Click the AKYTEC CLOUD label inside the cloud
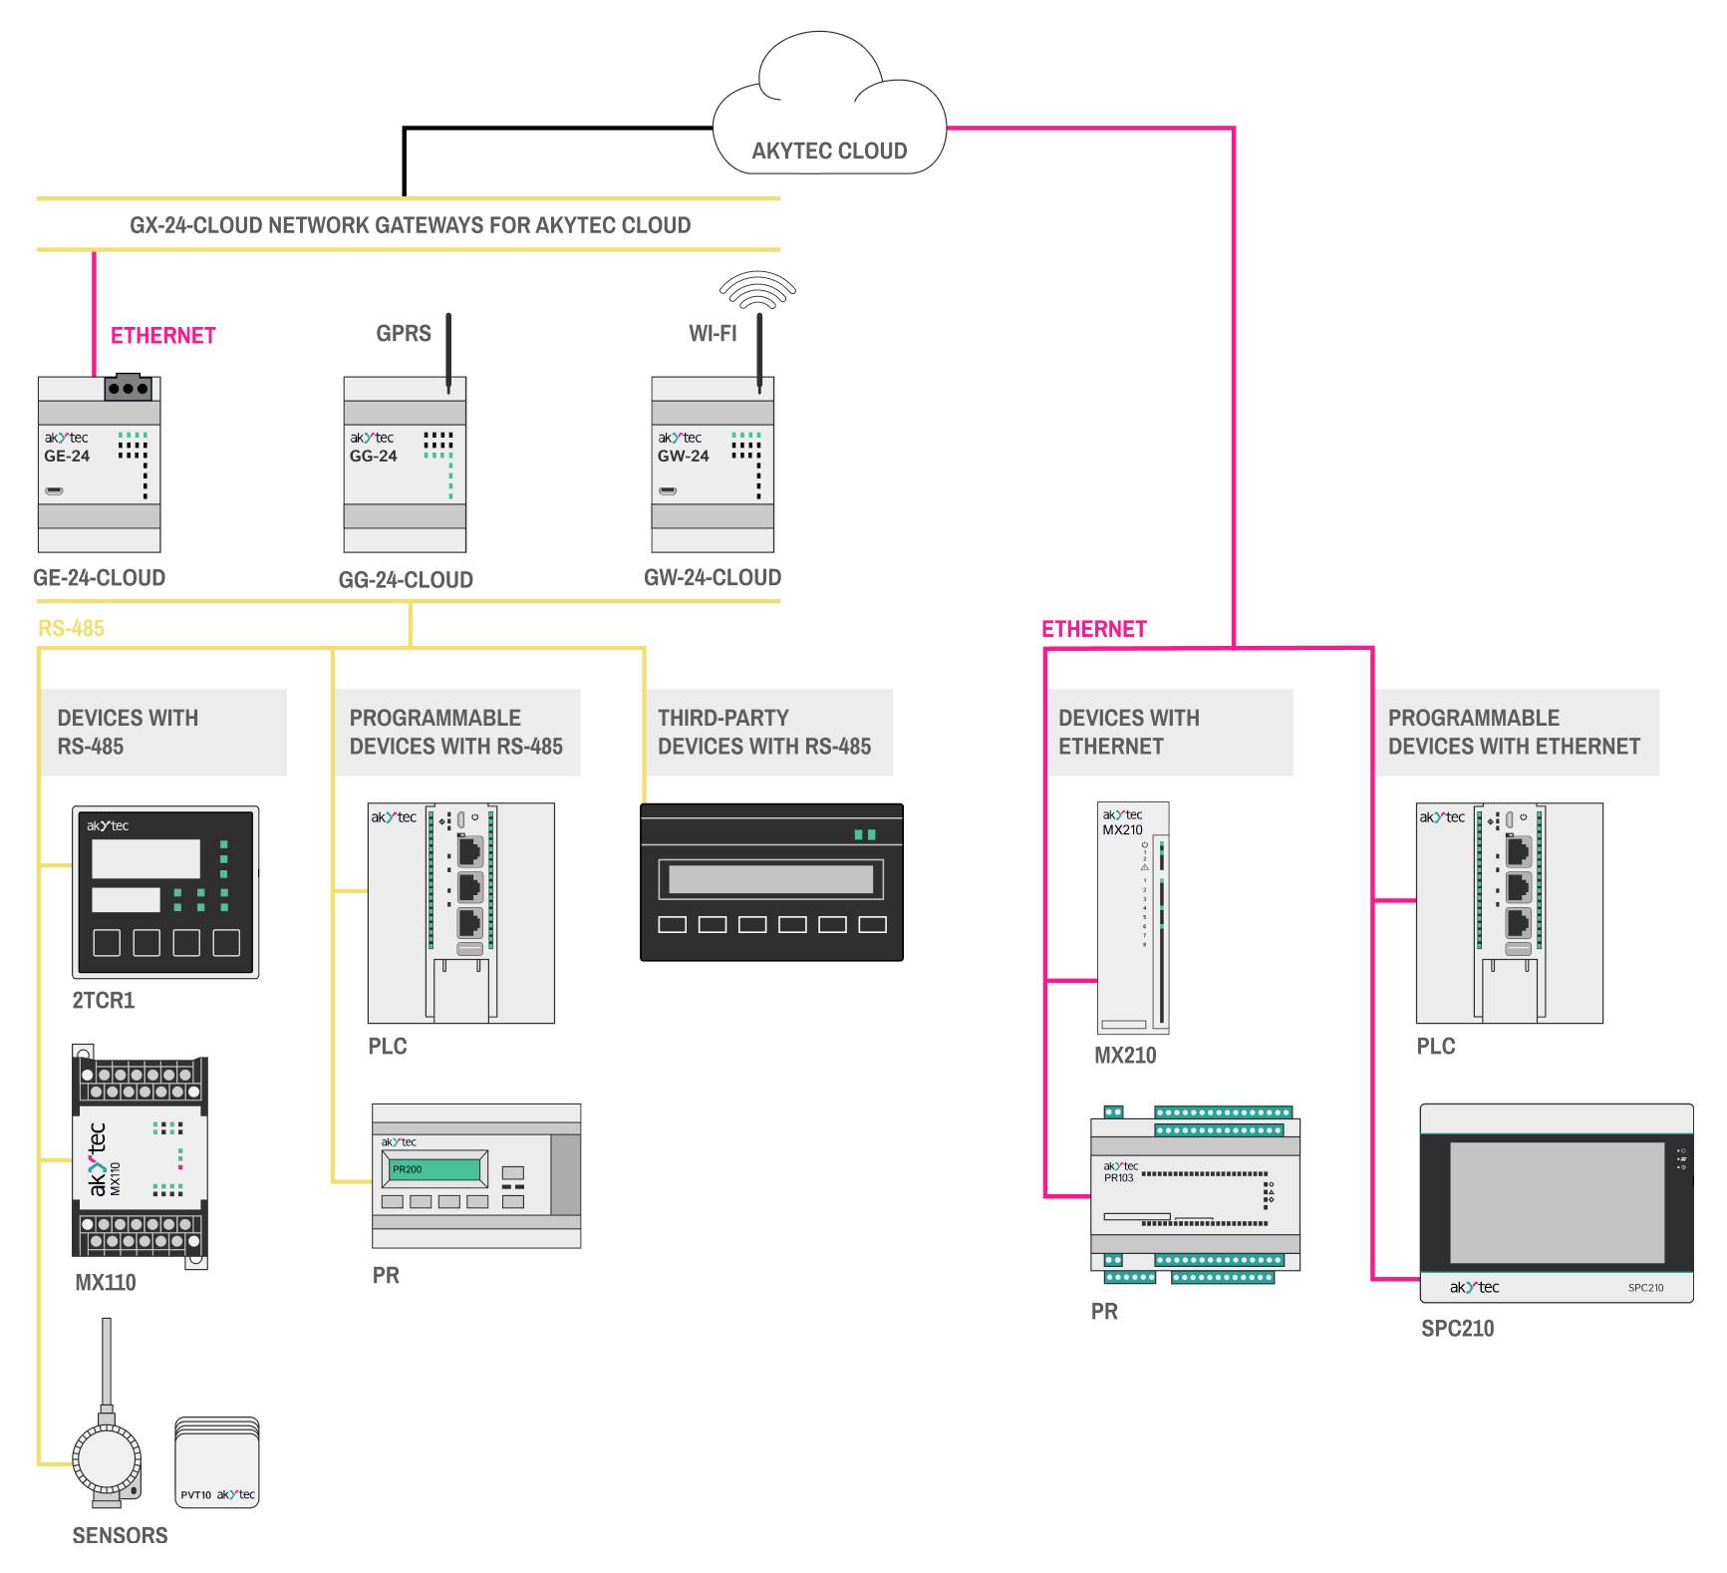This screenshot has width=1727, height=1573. point(829,152)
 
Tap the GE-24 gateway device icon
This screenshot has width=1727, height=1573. point(99,465)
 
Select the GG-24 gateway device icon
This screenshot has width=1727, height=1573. point(405,465)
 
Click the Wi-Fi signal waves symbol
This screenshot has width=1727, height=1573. point(757,288)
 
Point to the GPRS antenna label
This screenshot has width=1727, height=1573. point(403,334)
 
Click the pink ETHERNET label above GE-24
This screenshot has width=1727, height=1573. point(162,336)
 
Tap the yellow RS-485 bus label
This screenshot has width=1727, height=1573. point(71,628)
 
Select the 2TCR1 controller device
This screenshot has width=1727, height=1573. point(165,892)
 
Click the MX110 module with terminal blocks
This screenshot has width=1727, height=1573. point(141,1157)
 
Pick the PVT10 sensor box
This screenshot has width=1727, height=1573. point(217,1463)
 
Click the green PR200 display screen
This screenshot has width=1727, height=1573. point(434,1169)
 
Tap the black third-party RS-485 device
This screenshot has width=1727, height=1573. point(771,882)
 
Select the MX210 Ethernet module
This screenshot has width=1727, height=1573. point(1133,918)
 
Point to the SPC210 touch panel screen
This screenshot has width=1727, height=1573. point(1557,1202)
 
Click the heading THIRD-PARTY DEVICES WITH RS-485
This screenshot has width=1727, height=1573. point(763,732)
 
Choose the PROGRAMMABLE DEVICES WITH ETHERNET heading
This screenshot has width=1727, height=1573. point(1513,732)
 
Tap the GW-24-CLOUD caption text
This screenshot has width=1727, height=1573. point(712,578)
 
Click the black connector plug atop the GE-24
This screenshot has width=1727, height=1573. point(129,388)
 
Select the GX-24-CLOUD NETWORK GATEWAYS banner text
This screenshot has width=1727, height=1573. point(410,225)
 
